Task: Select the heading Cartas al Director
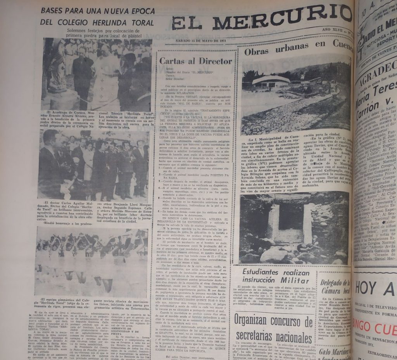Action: pyautogui.click(x=196, y=61)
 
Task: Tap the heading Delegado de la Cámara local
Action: pyautogui.click(x=336, y=286)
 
